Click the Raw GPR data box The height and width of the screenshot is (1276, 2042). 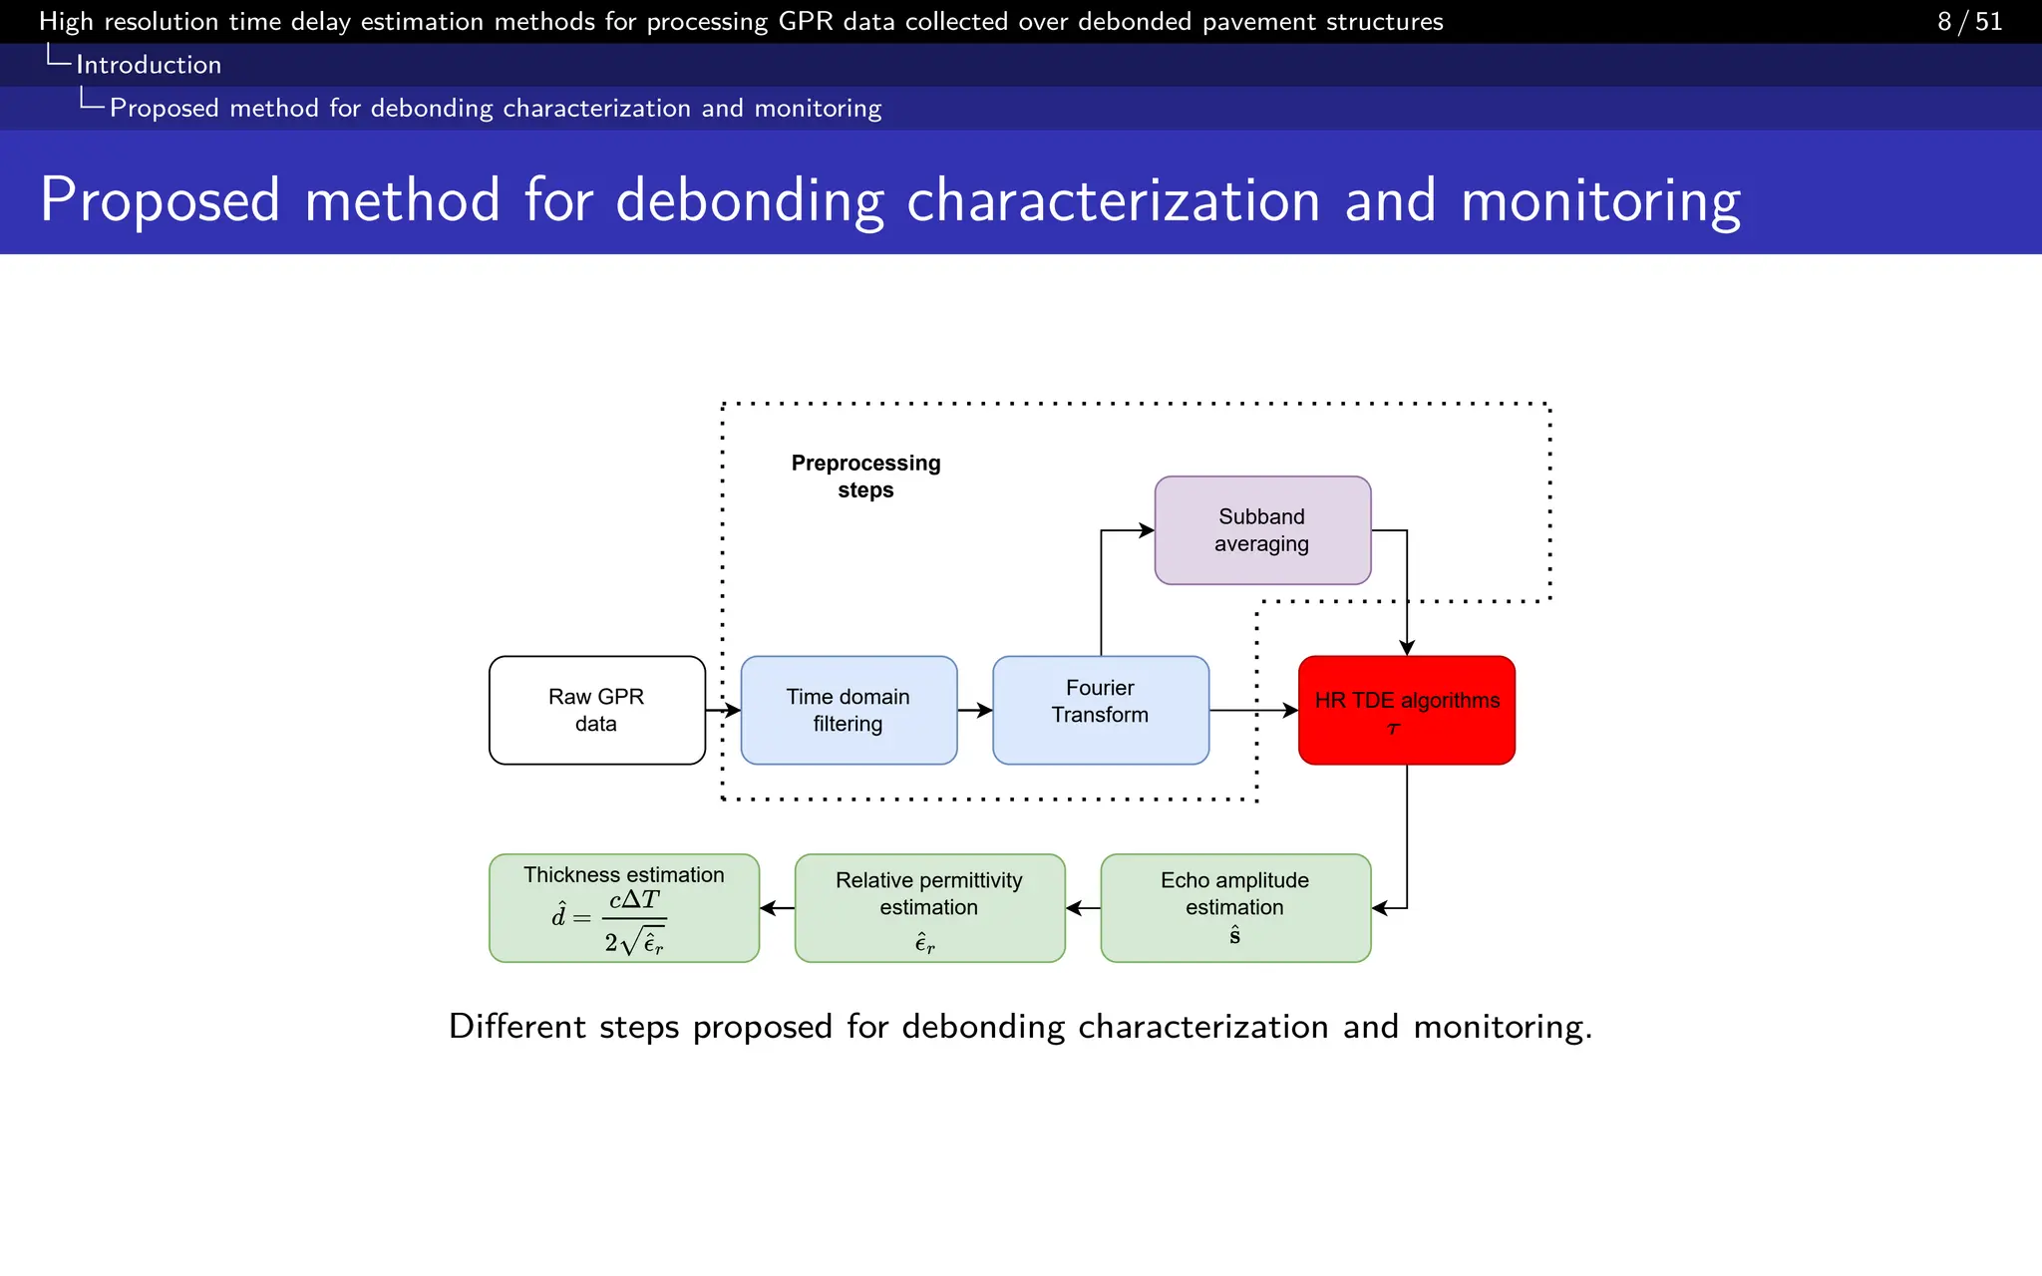(596, 710)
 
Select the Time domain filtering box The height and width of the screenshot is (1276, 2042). (849, 710)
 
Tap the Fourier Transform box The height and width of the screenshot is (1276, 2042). (1100, 710)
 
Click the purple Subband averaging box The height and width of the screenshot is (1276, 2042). (1262, 530)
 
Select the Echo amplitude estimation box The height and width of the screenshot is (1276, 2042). (1234, 907)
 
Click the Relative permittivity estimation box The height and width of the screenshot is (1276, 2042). (929, 907)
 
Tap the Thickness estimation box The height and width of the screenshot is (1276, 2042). (624, 907)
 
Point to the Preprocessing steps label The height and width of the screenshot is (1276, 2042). (865, 477)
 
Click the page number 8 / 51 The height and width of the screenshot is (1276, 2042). (1969, 21)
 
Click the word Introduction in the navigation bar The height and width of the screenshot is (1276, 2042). (149, 65)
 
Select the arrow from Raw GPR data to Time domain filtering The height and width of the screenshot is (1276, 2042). (724, 711)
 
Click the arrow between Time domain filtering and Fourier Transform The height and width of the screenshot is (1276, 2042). (975, 711)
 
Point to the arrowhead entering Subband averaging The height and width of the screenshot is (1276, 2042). (1147, 531)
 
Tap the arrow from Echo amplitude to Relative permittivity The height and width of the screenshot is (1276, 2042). (1083, 908)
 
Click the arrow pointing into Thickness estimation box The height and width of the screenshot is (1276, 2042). (777, 908)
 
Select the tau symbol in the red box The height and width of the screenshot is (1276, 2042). (1394, 729)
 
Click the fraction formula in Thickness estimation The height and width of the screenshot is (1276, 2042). (634, 920)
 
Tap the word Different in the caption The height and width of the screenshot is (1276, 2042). (516, 1027)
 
